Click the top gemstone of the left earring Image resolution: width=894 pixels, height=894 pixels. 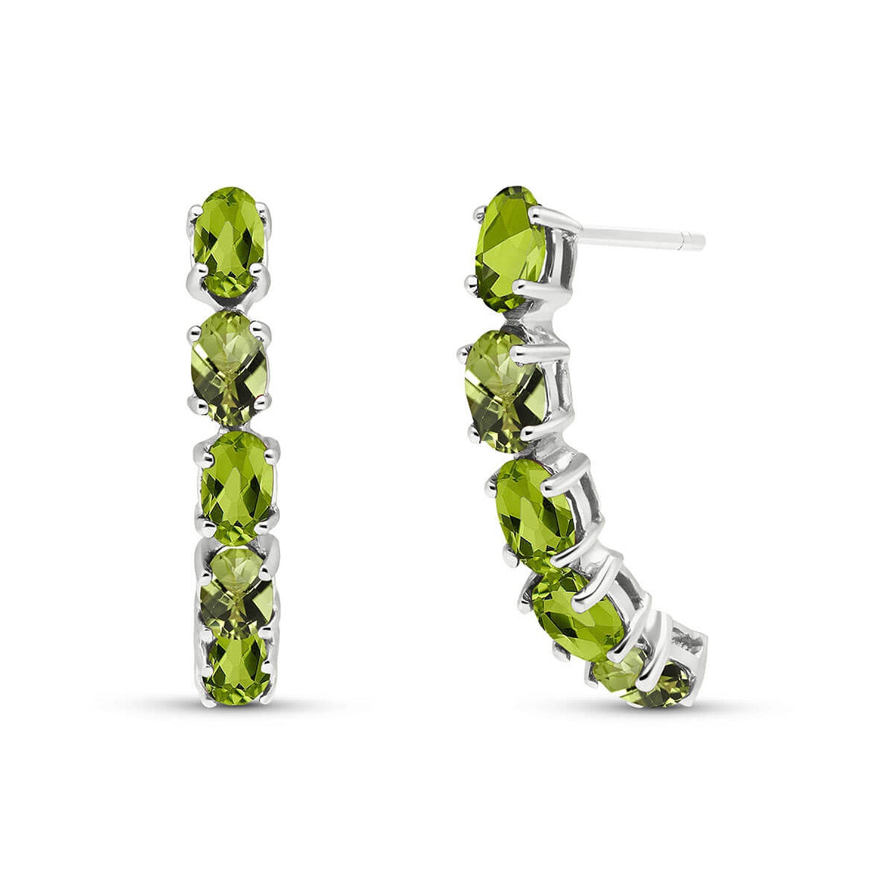tap(229, 240)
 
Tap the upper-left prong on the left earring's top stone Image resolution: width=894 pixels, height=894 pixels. tap(195, 212)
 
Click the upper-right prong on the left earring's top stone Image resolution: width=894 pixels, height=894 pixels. tap(265, 210)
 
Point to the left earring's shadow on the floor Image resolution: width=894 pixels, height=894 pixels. tap(238, 712)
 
